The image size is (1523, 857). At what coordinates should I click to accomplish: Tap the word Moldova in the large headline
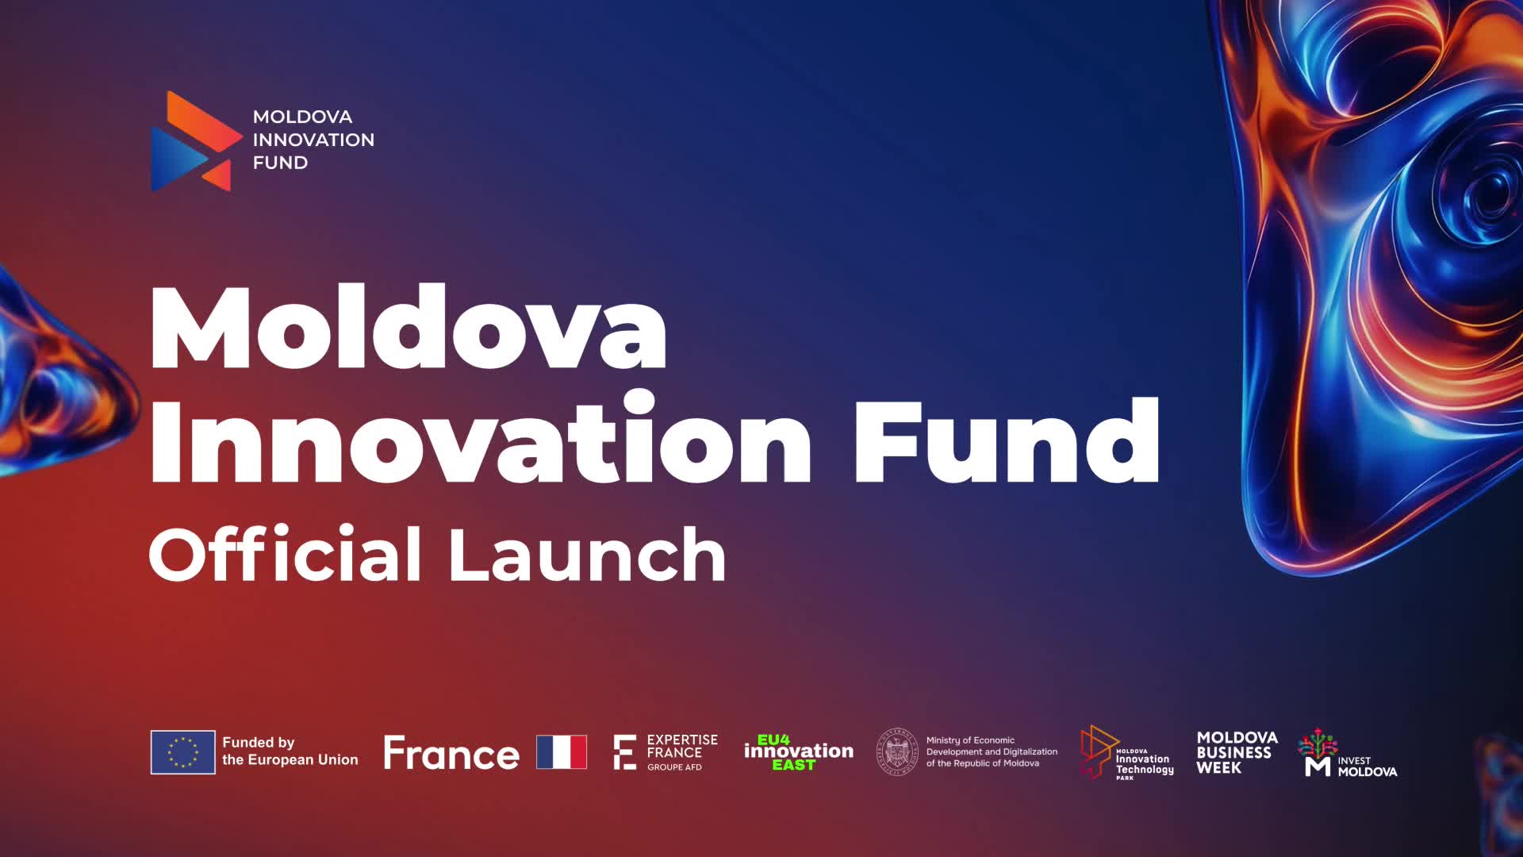[x=408, y=328]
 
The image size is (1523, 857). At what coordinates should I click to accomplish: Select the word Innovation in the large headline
[x=481, y=439]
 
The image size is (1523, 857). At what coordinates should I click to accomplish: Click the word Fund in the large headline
[x=1007, y=439]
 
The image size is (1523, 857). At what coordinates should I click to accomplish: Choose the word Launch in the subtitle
[x=587, y=555]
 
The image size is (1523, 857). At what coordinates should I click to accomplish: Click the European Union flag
[x=183, y=752]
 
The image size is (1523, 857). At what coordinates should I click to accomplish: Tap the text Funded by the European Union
[x=290, y=751]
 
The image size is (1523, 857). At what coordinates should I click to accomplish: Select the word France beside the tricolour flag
[x=451, y=753]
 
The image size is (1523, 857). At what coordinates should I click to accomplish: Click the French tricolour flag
[x=562, y=752]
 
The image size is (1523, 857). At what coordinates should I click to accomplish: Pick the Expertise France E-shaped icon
[x=625, y=752]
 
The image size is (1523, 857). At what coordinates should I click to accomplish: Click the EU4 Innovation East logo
[x=798, y=752]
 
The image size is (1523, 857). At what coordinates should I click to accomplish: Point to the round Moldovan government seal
[x=897, y=751]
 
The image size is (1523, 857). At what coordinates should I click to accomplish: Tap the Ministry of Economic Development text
[x=992, y=751]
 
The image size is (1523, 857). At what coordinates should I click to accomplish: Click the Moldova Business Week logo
[x=1237, y=752]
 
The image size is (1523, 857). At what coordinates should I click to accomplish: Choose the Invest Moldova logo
[x=1348, y=753]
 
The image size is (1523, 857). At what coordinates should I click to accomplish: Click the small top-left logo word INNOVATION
[x=313, y=140]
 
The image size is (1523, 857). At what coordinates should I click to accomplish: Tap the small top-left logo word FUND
[x=280, y=163]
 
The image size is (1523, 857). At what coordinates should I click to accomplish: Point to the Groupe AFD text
[x=674, y=767]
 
